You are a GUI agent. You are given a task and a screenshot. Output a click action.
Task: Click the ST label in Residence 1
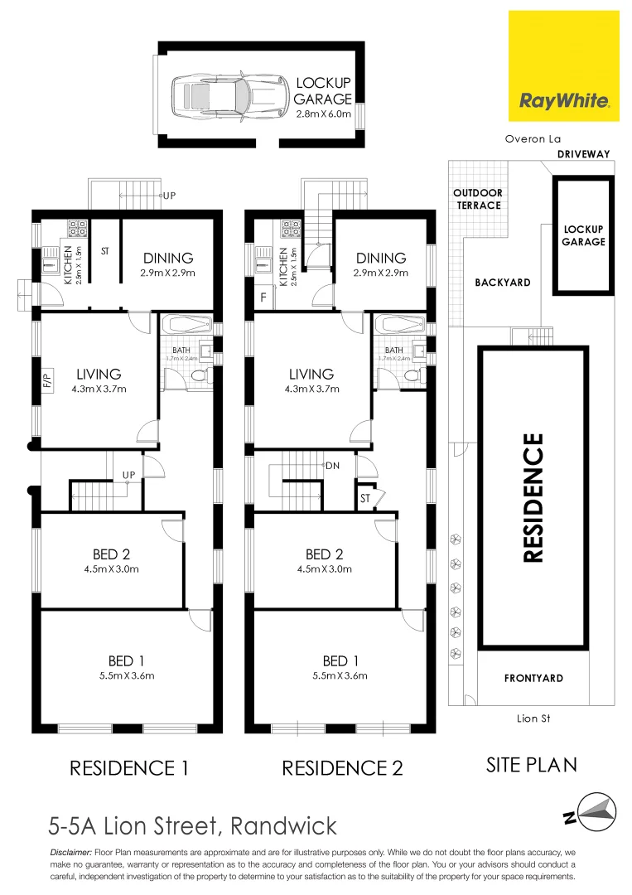(105, 250)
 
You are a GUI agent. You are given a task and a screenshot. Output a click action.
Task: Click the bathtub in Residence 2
(399, 324)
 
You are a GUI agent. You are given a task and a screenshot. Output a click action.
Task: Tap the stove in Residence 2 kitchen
(292, 225)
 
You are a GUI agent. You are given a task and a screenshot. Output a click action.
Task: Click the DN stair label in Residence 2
(333, 466)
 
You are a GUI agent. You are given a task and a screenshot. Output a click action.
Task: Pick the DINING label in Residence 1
(168, 258)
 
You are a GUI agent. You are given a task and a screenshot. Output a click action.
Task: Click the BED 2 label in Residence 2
(324, 554)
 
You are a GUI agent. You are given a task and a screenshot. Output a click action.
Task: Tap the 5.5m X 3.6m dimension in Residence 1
(126, 675)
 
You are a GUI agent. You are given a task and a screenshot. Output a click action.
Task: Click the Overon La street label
(533, 140)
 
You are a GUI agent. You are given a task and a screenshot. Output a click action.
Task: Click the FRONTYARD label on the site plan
(533, 678)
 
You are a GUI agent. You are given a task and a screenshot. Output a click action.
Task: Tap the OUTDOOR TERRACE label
(477, 199)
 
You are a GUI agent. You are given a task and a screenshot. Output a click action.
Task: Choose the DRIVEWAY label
(583, 154)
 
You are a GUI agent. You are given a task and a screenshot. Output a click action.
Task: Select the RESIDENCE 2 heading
(342, 768)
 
